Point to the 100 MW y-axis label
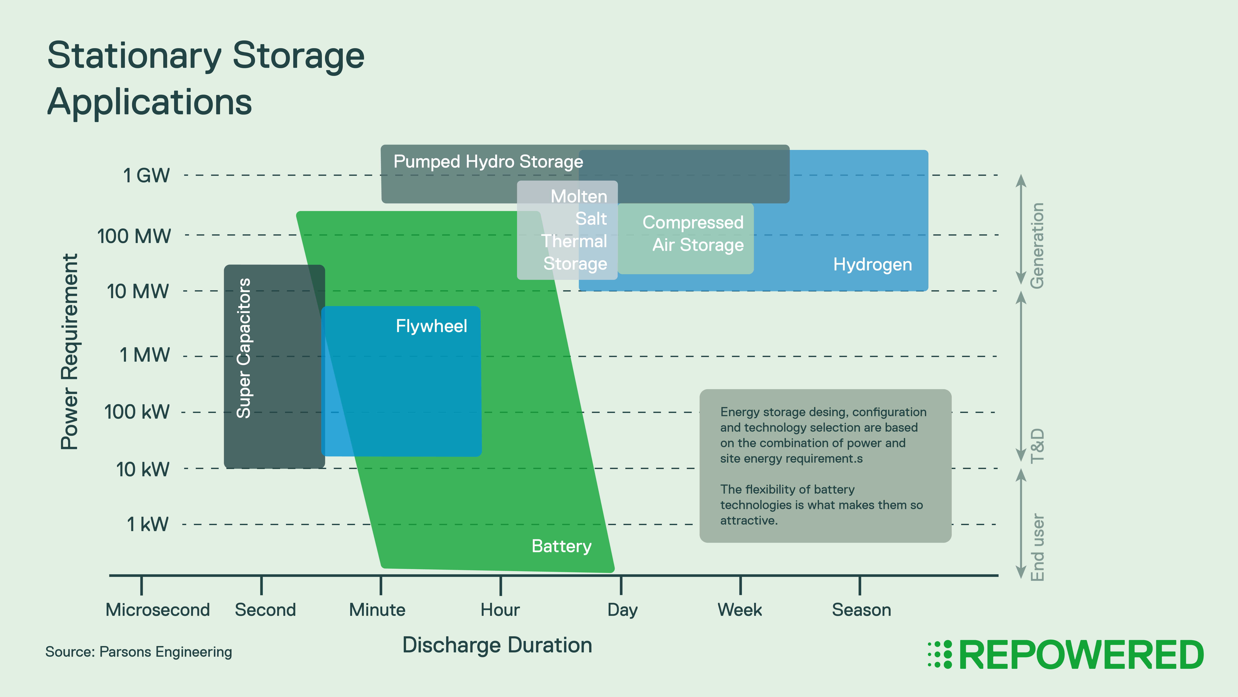[134, 236]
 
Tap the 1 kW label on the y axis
[147, 524]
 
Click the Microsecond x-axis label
[158, 610]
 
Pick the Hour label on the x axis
[500, 610]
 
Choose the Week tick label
[740, 610]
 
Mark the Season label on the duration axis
[861, 610]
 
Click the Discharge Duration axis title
[497, 645]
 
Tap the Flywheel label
[431, 326]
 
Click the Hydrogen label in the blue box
[872, 265]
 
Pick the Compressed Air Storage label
[693, 234]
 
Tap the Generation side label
[1037, 245]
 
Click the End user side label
[1037, 547]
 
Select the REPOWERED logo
[1066, 655]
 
